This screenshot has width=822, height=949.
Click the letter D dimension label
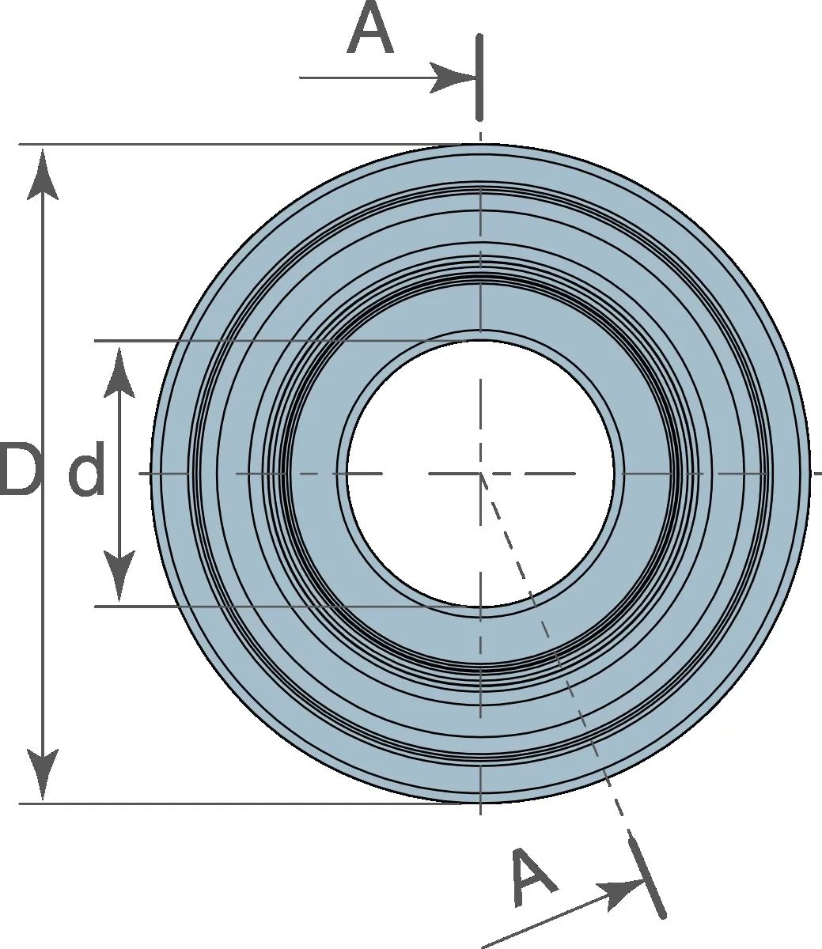(x=18, y=469)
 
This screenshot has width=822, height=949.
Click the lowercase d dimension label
(x=86, y=469)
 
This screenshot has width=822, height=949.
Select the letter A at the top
(x=370, y=28)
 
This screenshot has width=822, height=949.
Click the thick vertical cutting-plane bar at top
(x=480, y=78)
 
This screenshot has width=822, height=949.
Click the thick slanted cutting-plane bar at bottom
(x=647, y=879)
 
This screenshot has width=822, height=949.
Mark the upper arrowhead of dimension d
(x=119, y=372)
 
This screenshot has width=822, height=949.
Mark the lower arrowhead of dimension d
(x=119, y=575)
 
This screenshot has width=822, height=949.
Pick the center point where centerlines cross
(x=480, y=474)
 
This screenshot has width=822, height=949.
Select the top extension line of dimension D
(x=239, y=144)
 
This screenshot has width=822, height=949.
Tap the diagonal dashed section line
(x=555, y=652)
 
